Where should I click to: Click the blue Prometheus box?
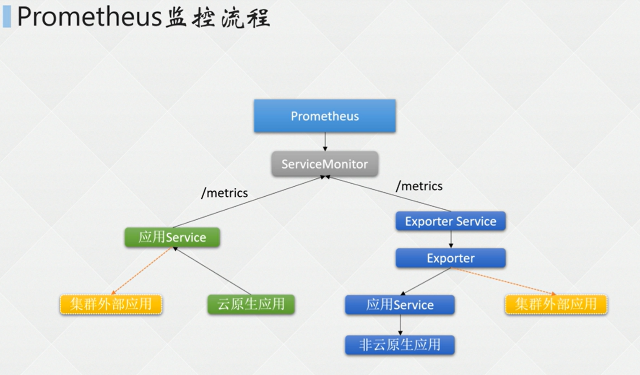(x=325, y=116)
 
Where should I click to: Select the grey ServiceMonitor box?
(x=325, y=164)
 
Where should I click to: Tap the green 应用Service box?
(x=172, y=237)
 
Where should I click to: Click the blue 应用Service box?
(x=400, y=305)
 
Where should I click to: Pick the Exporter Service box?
(x=450, y=221)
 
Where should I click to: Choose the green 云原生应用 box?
(x=251, y=304)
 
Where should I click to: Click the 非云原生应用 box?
(x=400, y=345)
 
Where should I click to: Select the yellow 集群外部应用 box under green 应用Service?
(x=111, y=305)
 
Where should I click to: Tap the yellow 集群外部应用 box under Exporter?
(x=556, y=305)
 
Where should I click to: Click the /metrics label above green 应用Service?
(x=224, y=193)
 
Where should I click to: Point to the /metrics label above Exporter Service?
(x=419, y=186)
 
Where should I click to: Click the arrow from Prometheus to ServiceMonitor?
(x=325, y=141)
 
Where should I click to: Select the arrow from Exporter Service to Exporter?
(x=451, y=239)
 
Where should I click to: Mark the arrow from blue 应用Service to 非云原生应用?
(x=400, y=325)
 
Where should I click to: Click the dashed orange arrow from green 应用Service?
(x=141, y=271)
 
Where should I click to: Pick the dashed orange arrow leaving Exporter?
(x=503, y=281)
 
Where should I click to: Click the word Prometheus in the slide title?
(x=90, y=17)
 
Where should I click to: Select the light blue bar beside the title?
(x=7, y=17)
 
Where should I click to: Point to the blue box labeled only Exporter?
(x=450, y=258)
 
